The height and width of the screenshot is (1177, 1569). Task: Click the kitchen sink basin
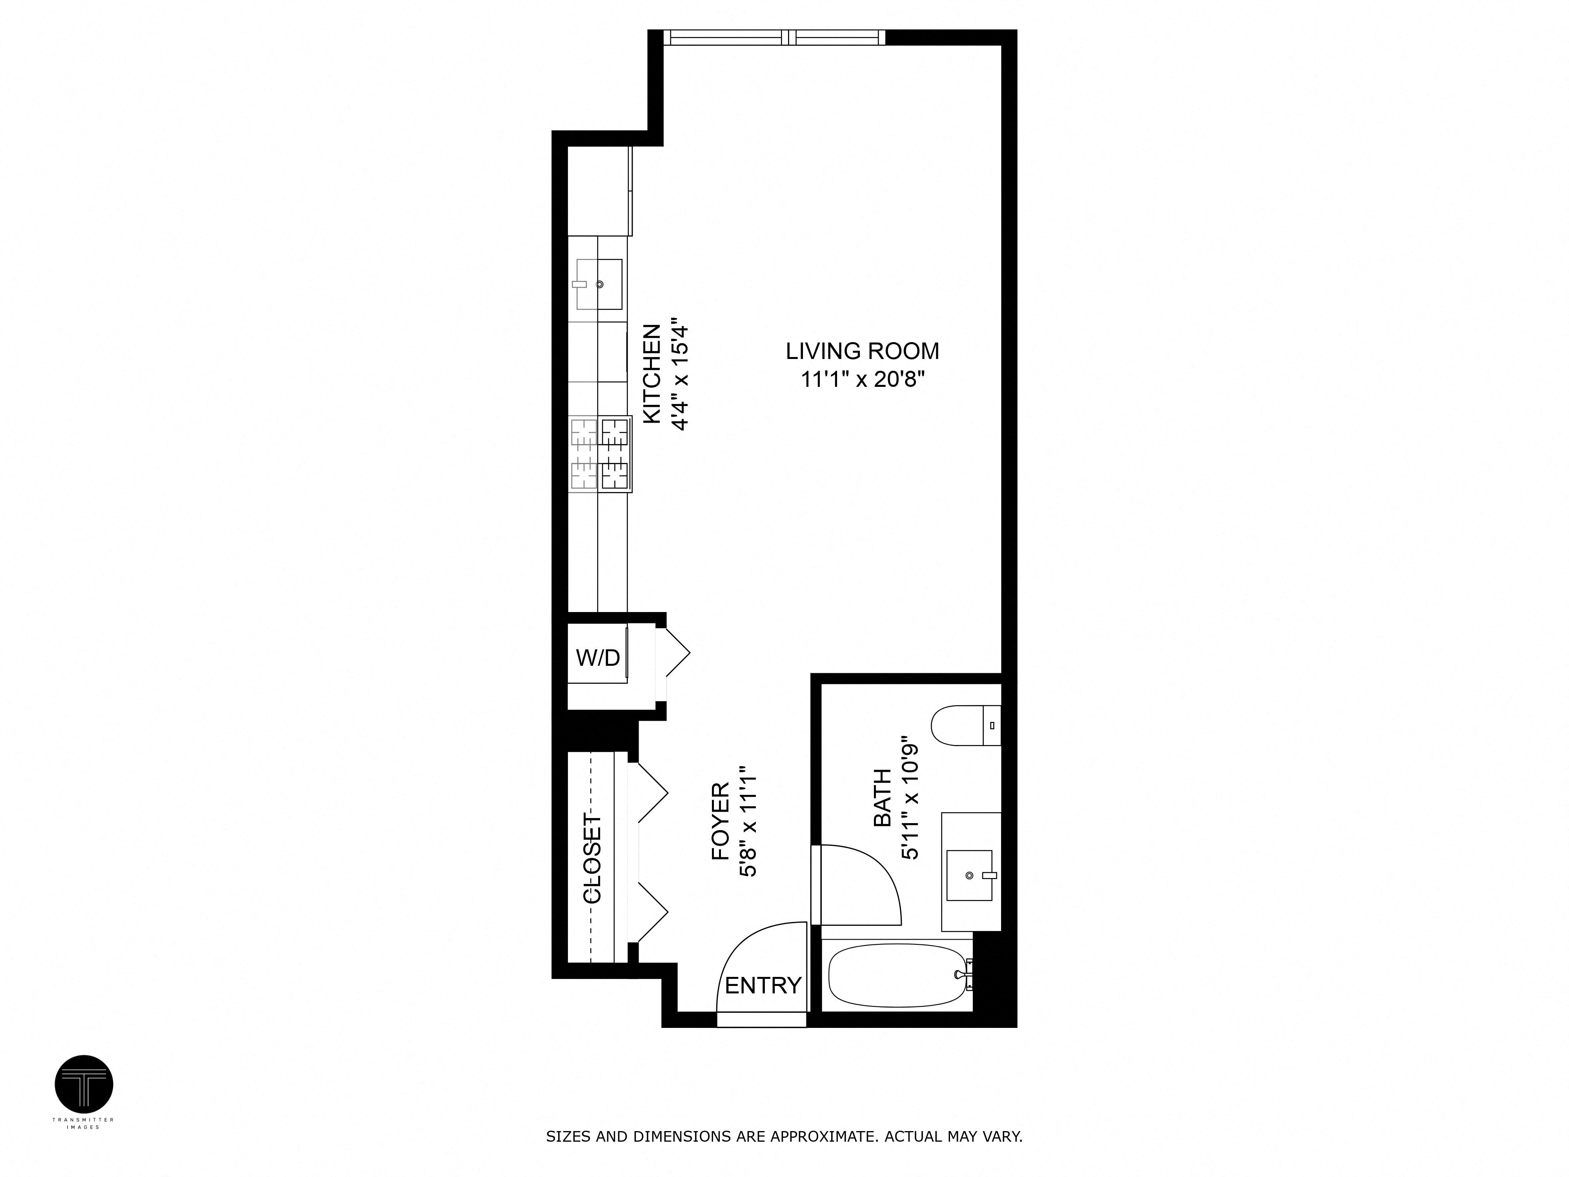tap(599, 284)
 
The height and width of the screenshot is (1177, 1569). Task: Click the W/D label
tap(597, 658)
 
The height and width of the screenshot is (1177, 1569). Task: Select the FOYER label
tap(720, 822)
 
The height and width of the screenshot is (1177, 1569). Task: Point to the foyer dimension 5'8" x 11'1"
tap(749, 822)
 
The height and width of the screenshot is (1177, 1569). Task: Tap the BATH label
tap(882, 798)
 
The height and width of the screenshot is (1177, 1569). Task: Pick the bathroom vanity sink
tap(970, 875)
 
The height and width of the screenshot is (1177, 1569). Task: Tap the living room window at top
tap(775, 38)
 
